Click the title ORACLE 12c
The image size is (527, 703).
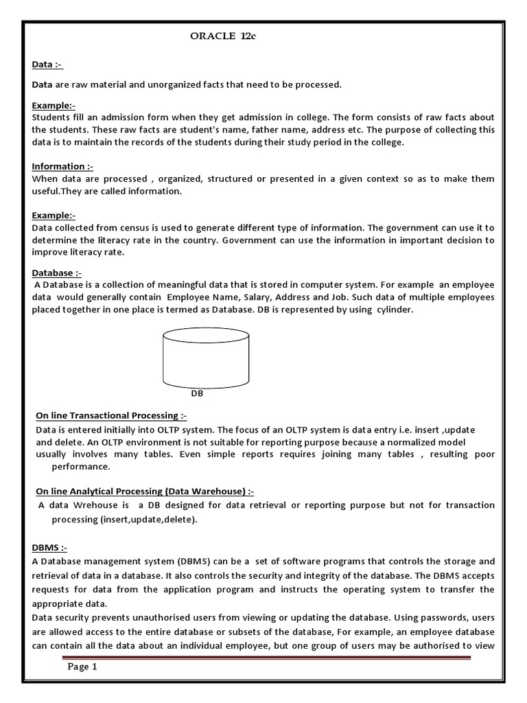tap(222, 37)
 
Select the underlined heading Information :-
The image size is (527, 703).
tap(62, 166)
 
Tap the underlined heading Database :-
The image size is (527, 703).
tap(57, 273)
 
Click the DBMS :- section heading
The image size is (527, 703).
tap(50, 547)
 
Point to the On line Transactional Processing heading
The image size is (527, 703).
tap(110, 416)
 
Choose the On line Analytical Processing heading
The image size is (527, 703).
tap(144, 491)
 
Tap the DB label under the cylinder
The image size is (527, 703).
tap(197, 394)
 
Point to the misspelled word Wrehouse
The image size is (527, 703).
tap(95, 505)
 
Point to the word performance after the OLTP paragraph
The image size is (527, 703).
tap(81, 466)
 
